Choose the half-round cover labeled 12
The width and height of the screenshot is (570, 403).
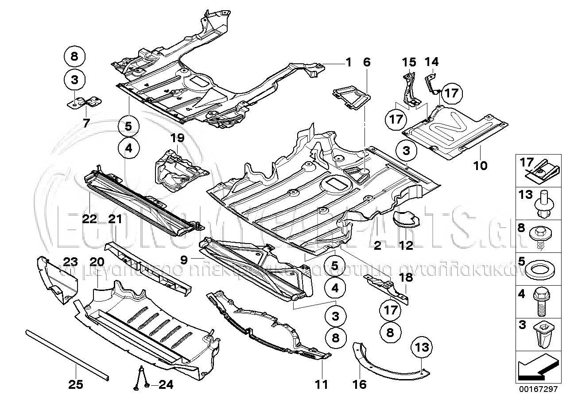(x=407, y=219)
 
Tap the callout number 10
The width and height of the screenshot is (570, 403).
(x=480, y=166)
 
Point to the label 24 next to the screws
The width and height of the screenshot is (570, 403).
(x=165, y=385)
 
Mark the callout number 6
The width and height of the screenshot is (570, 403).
(x=366, y=62)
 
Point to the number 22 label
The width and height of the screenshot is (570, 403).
(x=89, y=219)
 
